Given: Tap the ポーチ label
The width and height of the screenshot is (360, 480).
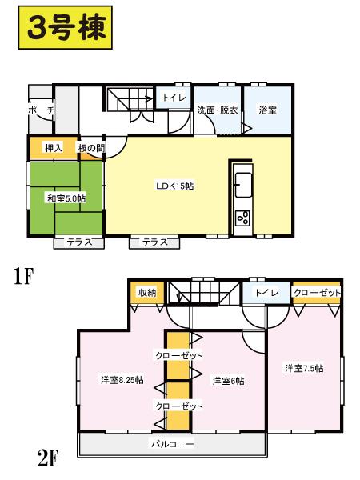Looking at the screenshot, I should point(39,110).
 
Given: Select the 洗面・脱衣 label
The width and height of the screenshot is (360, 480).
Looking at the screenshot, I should point(218,110).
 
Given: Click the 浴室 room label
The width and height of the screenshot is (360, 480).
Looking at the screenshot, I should point(268,110).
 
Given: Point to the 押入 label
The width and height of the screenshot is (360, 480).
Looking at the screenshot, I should point(53,148).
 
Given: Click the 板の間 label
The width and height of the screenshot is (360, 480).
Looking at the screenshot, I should point(90,148).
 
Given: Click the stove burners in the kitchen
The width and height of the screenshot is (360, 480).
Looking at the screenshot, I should point(242,217).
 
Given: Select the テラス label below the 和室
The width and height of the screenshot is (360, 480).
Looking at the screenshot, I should point(78,242).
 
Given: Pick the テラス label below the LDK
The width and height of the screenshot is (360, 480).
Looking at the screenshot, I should point(154,242).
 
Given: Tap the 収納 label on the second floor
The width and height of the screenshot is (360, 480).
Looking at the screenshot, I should point(146,294).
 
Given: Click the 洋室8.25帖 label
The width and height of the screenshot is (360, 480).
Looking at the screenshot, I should point(122,378).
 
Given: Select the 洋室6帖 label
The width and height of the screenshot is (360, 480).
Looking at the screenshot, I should point(227,380).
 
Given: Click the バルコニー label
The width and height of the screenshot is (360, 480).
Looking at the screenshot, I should point(173,442).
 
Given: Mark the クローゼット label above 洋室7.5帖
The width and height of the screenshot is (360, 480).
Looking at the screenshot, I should point(317,294).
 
